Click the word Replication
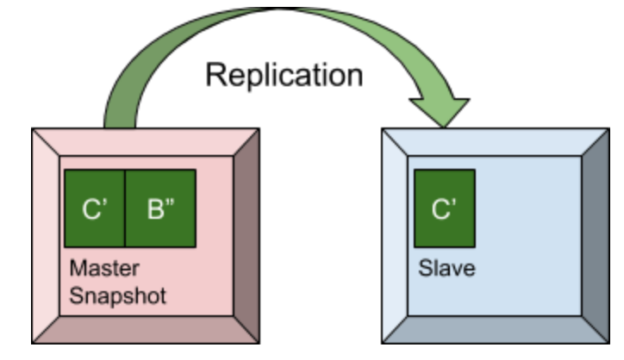pyautogui.click(x=284, y=75)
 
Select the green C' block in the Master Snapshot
pyautogui.click(x=95, y=208)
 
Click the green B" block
pyautogui.click(x=160, y=208)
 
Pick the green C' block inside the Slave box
pyautogui.click(x=445, y=208)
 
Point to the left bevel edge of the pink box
pyautogui.click(x=46, y=237)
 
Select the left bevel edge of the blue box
pyautogui.click(x=395, y=237)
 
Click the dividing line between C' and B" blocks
pyautogui.click(x=126, y=208)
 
